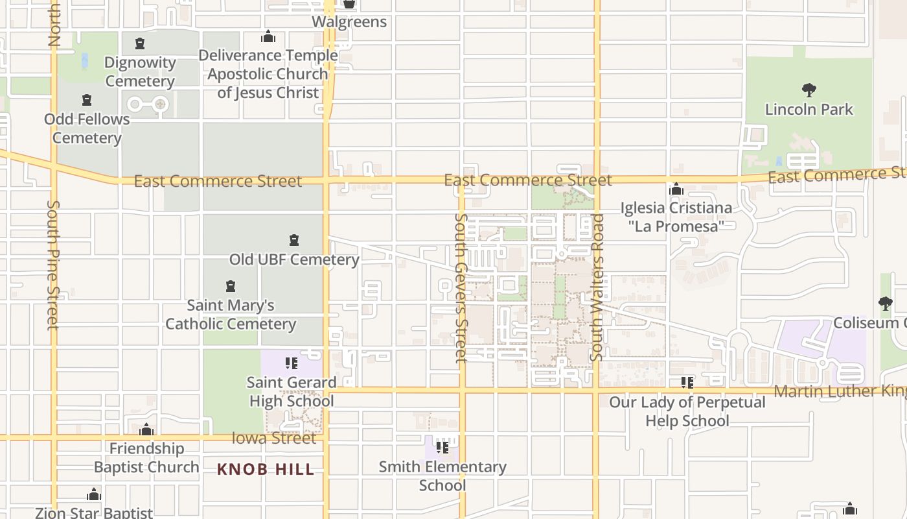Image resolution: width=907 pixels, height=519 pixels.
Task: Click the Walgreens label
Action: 349,21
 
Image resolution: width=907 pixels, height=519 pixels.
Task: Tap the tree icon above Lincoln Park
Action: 809,90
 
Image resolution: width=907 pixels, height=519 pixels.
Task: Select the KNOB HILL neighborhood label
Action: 266,469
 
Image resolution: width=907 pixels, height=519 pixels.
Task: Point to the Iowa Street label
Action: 274,439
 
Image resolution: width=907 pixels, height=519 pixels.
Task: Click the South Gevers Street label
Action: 461,288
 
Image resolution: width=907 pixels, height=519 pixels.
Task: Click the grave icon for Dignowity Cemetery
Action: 139,44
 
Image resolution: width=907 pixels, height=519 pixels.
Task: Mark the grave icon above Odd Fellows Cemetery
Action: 87,101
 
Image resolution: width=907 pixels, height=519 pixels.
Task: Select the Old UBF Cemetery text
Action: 294,259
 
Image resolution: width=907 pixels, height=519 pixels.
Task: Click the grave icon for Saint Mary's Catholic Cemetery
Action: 230,286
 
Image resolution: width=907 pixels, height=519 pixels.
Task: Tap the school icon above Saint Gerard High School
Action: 292,363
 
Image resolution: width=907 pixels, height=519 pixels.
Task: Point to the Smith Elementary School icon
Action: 442,448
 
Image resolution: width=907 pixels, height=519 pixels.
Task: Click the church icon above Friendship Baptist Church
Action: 146,429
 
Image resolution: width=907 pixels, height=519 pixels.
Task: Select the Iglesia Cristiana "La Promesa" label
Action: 676,217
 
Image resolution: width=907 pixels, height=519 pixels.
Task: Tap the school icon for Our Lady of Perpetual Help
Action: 687,383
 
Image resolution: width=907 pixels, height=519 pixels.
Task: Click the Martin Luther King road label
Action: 840,391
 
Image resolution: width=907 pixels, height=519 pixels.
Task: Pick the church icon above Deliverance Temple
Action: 268,37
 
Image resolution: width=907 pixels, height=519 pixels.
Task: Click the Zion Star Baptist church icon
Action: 94,495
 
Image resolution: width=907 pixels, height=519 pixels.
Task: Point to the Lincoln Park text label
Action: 809,109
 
